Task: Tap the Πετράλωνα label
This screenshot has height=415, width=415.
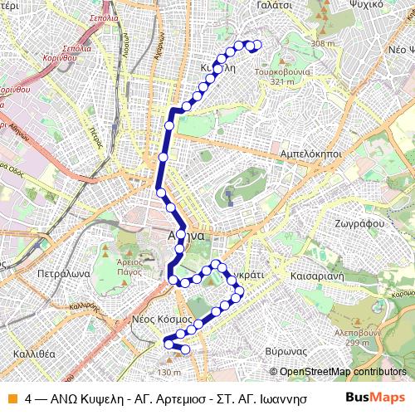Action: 56,271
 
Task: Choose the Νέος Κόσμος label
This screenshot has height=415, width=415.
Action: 164,318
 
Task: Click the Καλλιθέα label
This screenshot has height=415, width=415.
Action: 33,353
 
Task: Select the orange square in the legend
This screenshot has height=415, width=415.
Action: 12,398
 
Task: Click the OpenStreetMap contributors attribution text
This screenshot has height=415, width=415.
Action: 343,371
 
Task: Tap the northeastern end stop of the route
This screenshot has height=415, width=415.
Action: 256,46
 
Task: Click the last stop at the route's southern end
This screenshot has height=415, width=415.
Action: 185,349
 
